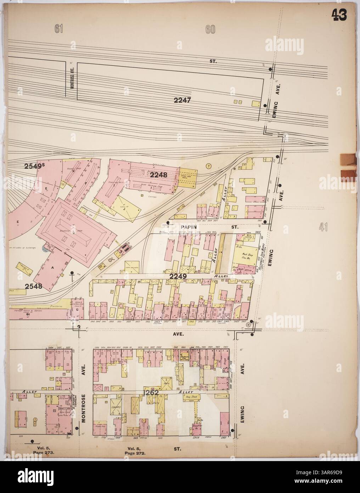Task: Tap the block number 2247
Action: coord(182,100)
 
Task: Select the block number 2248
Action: coord(158,175)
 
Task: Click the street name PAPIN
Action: coord(189,226)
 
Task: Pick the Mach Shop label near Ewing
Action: coord(246,255)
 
